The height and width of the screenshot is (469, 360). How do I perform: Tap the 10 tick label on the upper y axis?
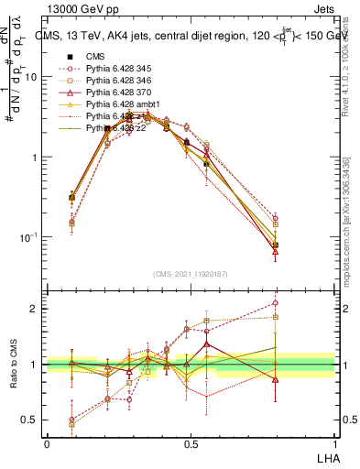click(30, 77)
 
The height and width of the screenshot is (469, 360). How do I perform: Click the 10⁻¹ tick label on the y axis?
click(28, 237)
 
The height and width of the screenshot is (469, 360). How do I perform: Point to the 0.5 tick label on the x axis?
click(191, 443)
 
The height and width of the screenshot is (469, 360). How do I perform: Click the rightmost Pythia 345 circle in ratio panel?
click(276, 302)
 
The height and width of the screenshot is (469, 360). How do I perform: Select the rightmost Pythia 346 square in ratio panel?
click(276, 318)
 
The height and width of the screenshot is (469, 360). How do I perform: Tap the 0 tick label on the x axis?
click(47, 443)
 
